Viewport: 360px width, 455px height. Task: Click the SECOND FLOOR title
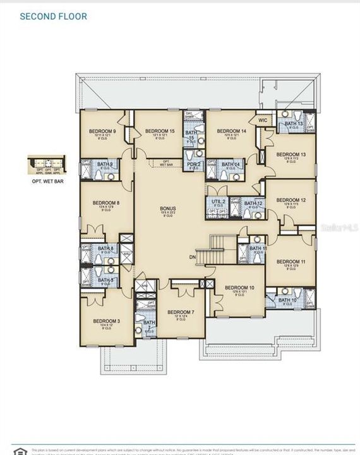(54, 16)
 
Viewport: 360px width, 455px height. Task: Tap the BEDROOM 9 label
(101, 131)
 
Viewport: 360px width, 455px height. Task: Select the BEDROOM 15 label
(159, 131)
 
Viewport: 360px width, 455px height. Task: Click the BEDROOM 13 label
(291, 154)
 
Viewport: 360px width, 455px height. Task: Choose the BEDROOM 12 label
(291, 200)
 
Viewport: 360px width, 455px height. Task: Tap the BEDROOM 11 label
(291, 261)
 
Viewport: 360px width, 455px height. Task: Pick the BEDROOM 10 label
(239, 288)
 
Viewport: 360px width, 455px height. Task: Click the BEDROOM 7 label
(181, 312)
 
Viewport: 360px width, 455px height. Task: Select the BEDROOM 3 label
(106, 321)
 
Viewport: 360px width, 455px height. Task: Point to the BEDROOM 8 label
(105, 203)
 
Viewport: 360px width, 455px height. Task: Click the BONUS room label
(167, 209)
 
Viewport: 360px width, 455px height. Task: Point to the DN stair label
(192, 258)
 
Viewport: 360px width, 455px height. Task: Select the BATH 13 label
(294, 123)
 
